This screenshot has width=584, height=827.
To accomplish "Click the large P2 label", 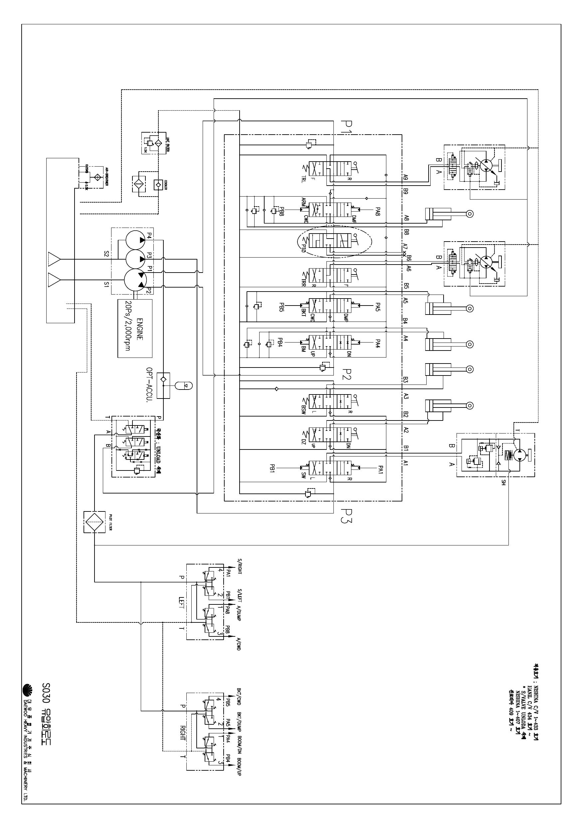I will (345, 375).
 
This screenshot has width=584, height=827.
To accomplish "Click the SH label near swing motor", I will (503, 482).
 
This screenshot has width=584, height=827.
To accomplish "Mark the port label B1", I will (406, 448).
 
